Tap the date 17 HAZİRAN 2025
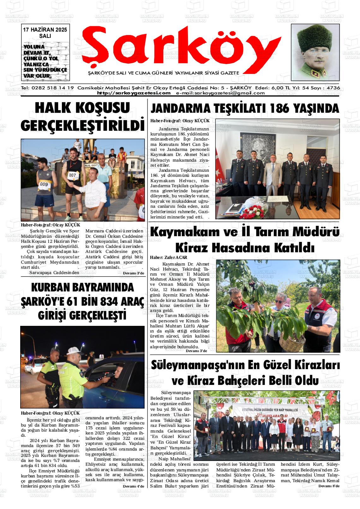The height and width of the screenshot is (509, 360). pos(45,30)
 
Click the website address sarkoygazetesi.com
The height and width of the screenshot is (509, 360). pos(134,93)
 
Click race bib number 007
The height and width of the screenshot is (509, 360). pos(73,175)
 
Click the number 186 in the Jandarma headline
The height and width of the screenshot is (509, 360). pos(278,108)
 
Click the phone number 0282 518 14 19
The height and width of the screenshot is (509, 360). pos(52,88)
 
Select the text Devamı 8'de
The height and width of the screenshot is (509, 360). pos(328,486)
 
